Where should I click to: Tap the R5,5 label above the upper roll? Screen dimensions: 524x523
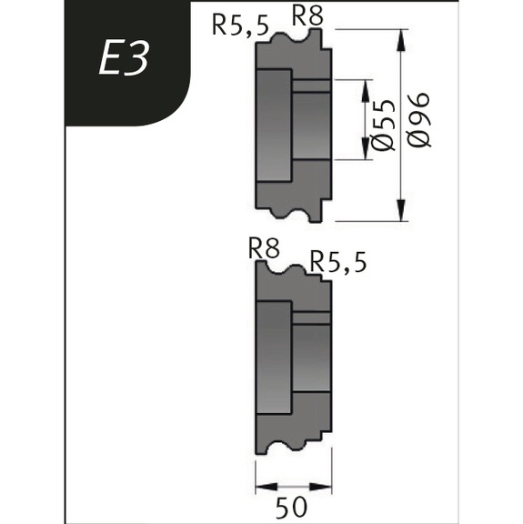pos(240,25)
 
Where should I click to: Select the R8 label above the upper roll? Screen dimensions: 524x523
pos(307,15)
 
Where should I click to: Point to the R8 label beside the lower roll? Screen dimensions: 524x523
pos(263,247)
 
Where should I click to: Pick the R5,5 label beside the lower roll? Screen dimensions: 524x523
pos(338,262)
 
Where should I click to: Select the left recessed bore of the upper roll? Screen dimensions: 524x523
pos(274,123)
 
